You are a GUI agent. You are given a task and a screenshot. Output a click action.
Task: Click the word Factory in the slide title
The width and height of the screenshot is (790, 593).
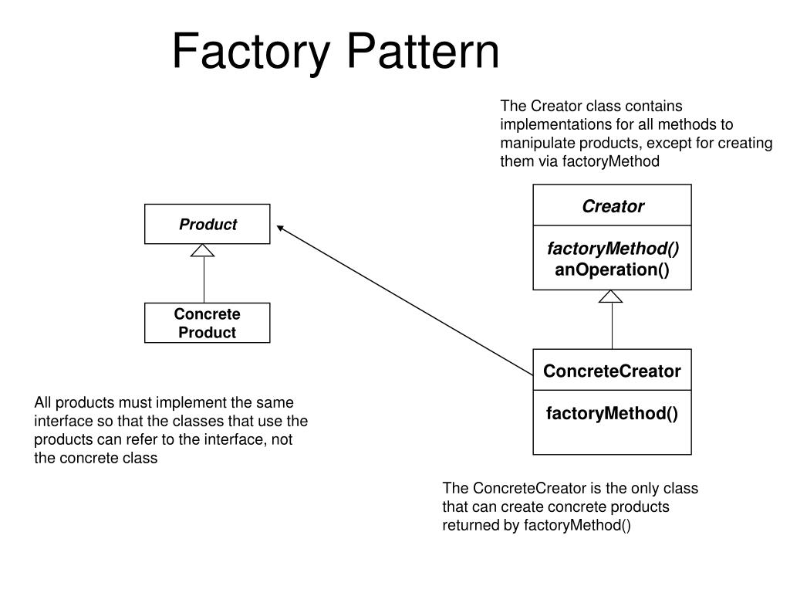251,53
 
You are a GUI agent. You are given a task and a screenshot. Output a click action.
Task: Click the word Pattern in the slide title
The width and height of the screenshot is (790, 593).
424,50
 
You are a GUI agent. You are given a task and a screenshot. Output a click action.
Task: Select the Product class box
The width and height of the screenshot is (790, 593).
207,224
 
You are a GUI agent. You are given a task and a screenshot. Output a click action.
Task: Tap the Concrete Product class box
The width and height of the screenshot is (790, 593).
207,323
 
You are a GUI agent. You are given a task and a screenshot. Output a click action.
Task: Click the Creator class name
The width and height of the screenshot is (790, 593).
613,206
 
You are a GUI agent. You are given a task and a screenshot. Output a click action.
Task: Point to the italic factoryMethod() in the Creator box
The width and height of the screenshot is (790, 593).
613,249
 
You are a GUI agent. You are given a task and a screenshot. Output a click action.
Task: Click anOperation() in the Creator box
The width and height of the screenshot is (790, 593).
612,269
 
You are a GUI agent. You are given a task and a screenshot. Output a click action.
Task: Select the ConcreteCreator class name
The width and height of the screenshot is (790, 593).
612,371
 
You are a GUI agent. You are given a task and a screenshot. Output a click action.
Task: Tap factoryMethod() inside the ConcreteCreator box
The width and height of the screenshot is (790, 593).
612,414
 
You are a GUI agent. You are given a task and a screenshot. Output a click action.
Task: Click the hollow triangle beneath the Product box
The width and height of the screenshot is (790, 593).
203,251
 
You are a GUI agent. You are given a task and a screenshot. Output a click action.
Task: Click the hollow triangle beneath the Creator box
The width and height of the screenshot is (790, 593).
611,296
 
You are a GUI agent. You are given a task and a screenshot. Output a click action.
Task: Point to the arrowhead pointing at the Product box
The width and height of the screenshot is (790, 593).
281,229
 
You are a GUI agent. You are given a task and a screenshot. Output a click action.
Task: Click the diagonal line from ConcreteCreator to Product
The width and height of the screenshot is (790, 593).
405,300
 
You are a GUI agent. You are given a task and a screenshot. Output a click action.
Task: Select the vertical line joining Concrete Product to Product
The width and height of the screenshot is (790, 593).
204,280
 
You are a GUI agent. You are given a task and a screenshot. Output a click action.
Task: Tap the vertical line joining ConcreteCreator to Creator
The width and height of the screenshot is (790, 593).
612,326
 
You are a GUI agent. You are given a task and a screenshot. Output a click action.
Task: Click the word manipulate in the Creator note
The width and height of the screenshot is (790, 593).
538,144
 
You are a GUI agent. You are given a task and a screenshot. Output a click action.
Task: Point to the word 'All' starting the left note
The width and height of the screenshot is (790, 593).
42,402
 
